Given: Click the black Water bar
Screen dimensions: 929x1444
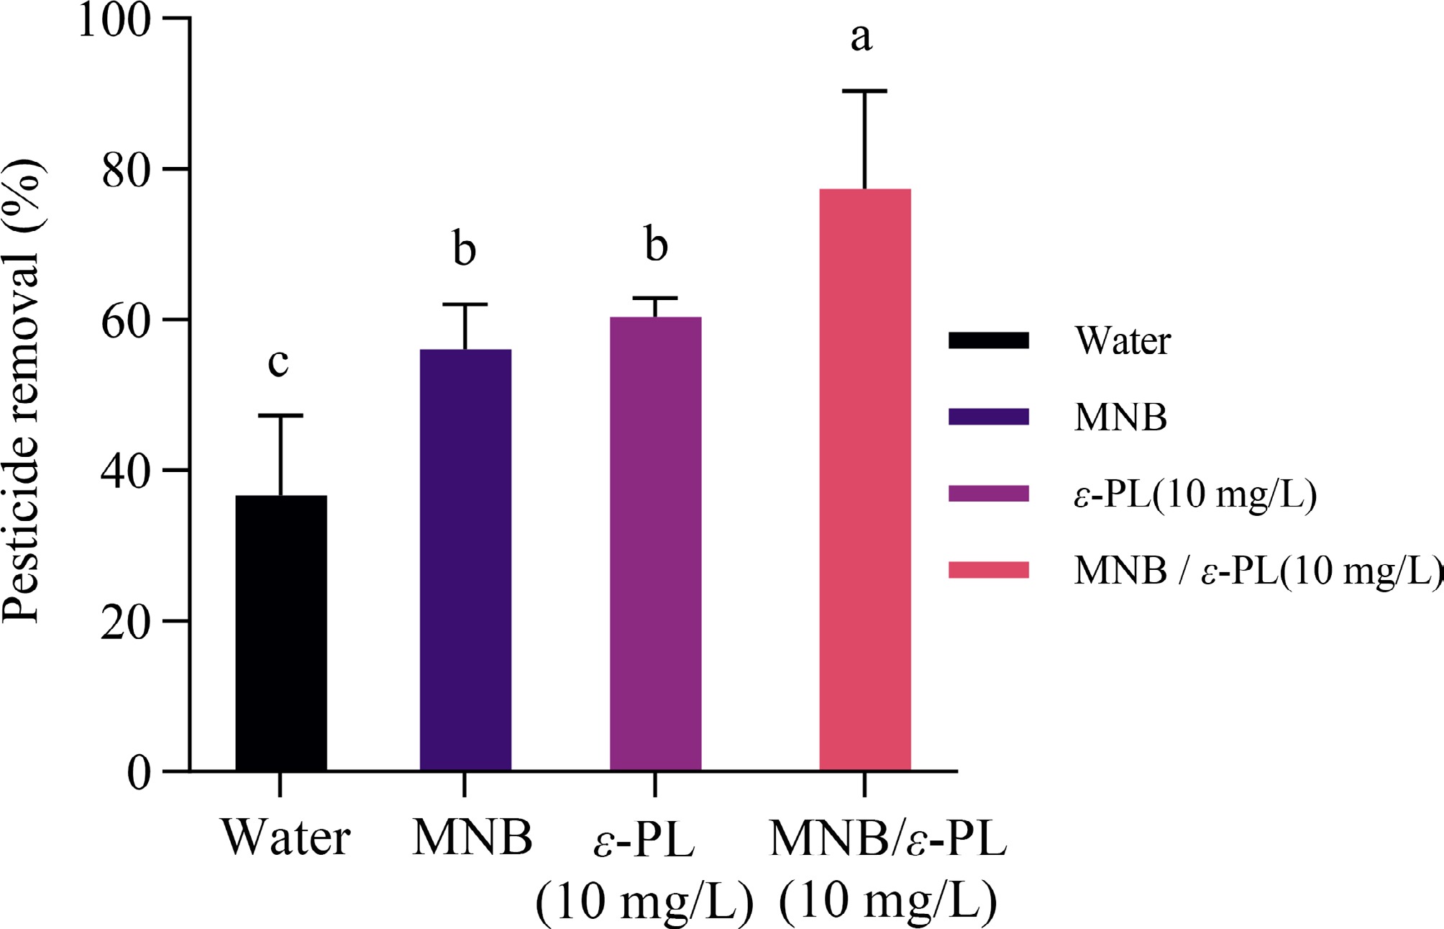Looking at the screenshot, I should pyautogui.click(x=281, y=633).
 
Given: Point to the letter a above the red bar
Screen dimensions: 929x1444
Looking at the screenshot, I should pyautogui.click(x=862, y=37).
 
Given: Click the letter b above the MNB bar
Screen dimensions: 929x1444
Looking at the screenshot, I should pyautogui.click(x=465, y=249).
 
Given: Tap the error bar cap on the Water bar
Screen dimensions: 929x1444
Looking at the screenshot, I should pyautogui.click(x=280, y=416).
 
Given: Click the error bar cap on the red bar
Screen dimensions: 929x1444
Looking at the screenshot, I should pyautogui.click(x=864, y=91).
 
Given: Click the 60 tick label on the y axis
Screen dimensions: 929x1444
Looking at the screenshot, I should pyautogui.click(x=127, y=321).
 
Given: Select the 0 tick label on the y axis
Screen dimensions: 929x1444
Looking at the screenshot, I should pyautogui.click(x=140, y=774).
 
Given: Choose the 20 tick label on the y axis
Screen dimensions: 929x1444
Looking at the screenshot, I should pyautogui.click(x=127, y=622).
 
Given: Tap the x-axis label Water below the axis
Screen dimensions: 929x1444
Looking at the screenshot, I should pyautogui.click(x=286, y=838).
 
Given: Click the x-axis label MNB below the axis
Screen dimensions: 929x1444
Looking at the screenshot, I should pyautogui.click(x=472, y=838).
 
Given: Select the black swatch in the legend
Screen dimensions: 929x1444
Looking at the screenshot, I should pyautogui.click(x=989, y=340).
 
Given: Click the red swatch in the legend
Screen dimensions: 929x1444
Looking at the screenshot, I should pyautogui.click(x=989, y=570).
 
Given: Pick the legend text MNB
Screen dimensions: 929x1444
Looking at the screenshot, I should pyautogui.click(x=1120, y=417).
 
